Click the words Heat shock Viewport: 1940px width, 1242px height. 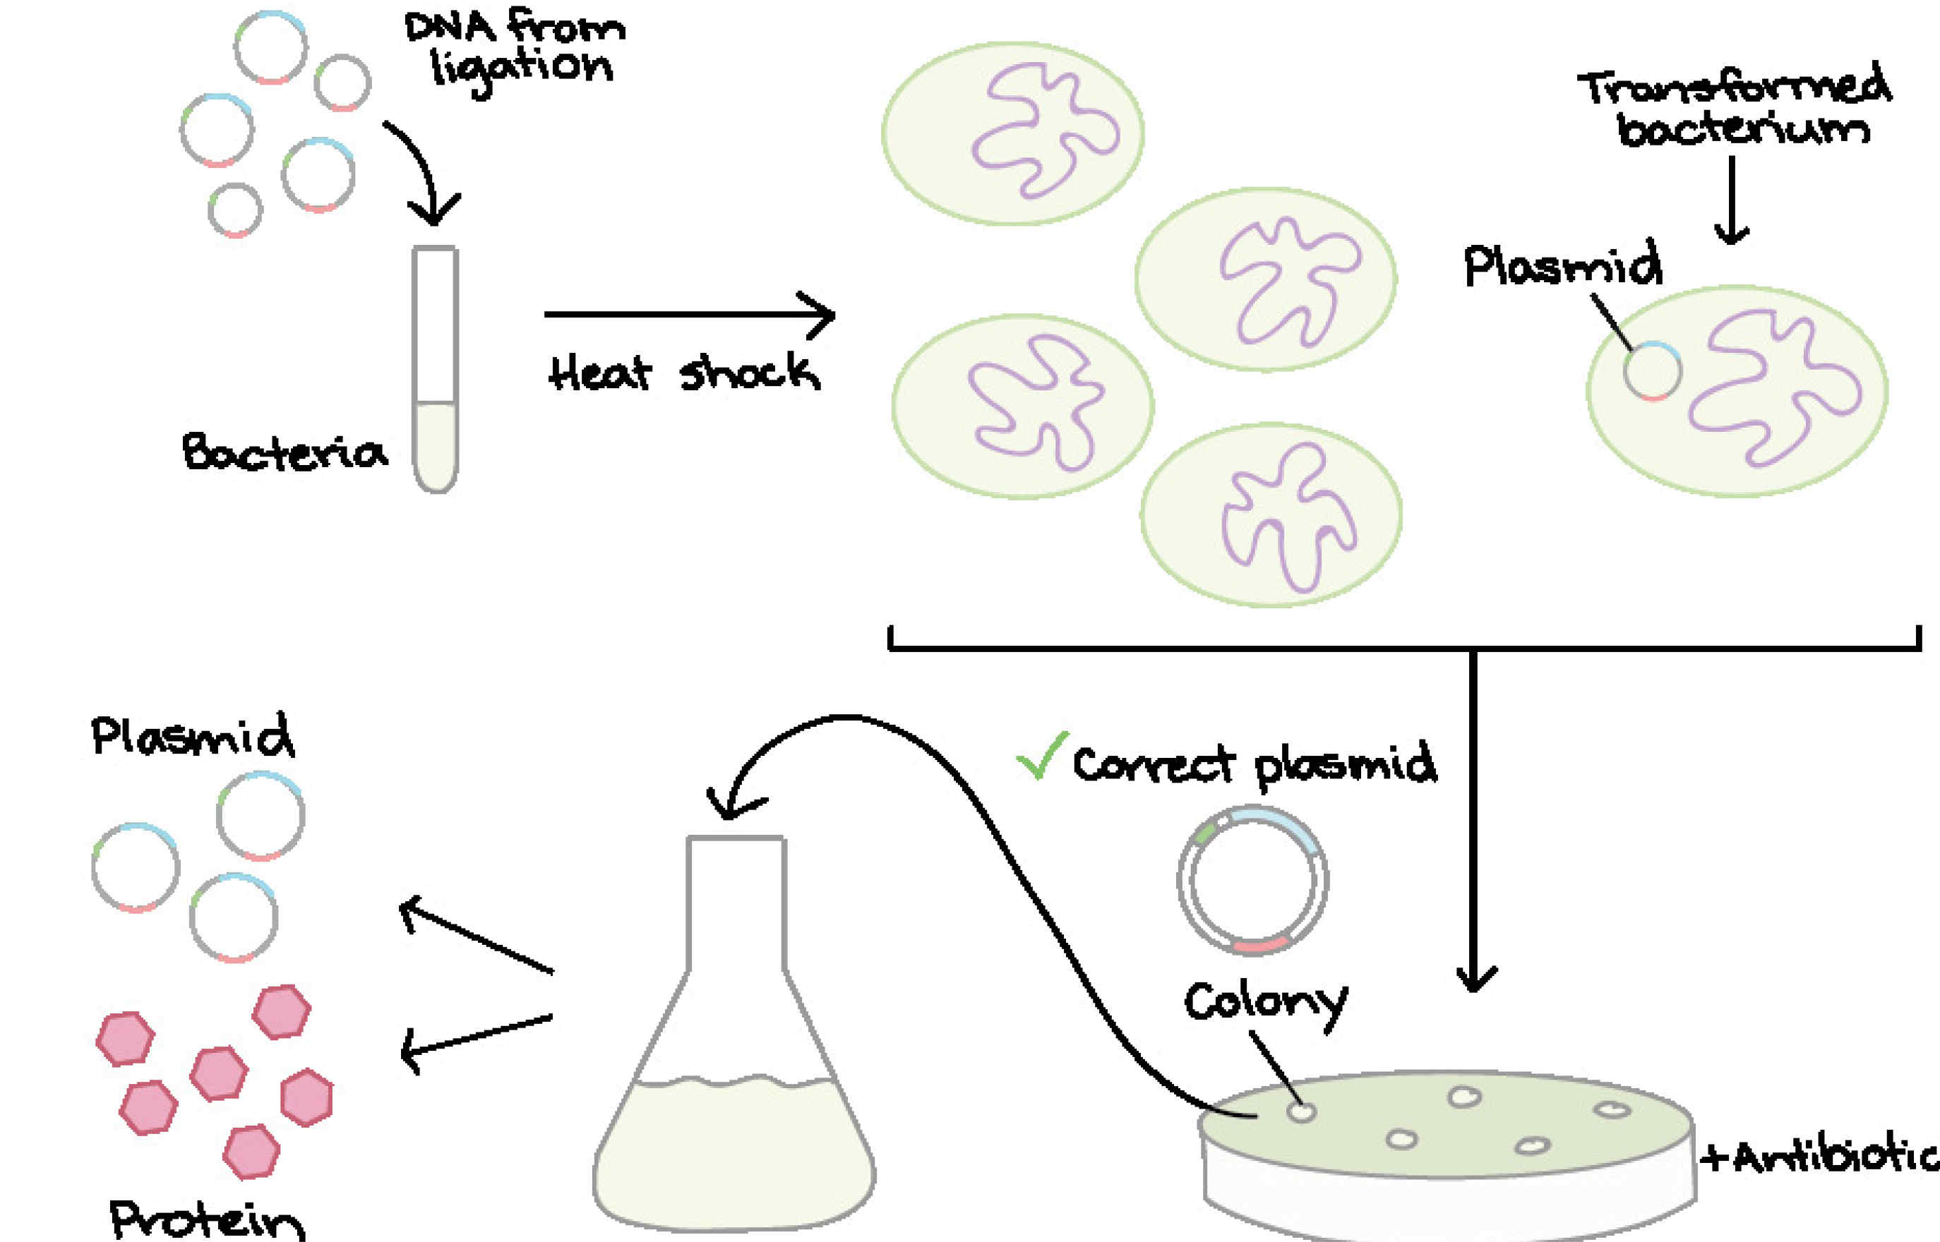click(684, 373)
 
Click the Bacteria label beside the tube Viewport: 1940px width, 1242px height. click(284, 452)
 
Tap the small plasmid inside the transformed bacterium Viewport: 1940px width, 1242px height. click(1652, 371)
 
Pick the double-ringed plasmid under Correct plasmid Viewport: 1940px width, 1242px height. click(1252, 880)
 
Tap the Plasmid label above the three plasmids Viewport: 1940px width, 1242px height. click(192, 735)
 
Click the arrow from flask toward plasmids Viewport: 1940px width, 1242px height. click(476, 936)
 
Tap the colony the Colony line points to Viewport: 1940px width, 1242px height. click(1301, 1112)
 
